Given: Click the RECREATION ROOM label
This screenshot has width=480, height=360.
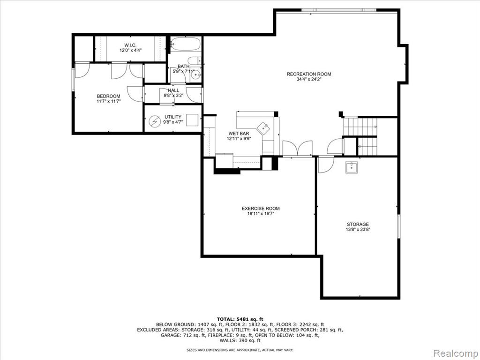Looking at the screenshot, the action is coord(308,74).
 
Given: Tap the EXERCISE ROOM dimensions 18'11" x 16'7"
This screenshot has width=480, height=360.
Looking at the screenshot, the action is coord(261,214).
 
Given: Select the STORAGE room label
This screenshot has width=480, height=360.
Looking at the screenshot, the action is coord(358,224).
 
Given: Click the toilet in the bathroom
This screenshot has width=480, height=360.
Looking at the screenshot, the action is coord(194,60).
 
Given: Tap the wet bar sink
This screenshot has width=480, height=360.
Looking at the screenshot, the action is coord(263,127).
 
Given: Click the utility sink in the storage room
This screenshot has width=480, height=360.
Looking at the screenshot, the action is coord(352,167).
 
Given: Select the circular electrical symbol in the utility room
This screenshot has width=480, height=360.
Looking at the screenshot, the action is coord(155,122).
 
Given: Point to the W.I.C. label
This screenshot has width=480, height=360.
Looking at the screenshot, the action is coord(130,45).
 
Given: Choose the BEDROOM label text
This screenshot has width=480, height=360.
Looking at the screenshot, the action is coord(108,96).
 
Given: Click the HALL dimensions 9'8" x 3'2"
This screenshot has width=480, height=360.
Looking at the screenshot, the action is coord(173,95).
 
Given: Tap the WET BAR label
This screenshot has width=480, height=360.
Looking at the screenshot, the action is coord(239,134).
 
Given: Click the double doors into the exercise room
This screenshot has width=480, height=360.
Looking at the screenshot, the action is coord(297,149).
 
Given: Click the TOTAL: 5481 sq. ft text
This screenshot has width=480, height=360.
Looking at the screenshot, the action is coord(240,319).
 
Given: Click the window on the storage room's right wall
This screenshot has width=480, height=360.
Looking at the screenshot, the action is coord(398,226).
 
